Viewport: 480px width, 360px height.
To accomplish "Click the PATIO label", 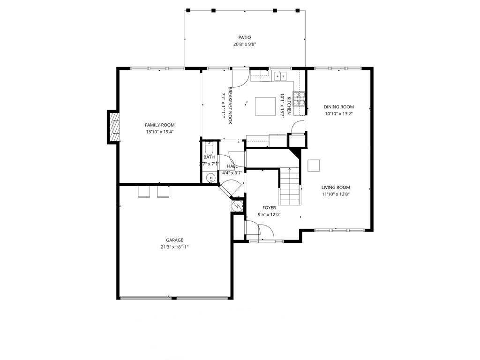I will click(x=244, y=37).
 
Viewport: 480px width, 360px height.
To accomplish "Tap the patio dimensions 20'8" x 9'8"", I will click(x=244, y=45).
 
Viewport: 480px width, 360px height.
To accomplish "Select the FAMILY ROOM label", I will click(x=159, y=125).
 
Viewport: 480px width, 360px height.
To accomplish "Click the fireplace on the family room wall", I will click(x=114, y=127).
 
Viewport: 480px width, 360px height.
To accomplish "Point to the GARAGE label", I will click(x=174, y=240).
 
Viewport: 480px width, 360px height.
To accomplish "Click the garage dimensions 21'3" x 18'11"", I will click(x=174, y=247).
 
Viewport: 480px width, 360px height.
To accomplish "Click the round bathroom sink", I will click(x=211, y=178).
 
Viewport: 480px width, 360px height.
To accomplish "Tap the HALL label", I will click(x=232, y=166).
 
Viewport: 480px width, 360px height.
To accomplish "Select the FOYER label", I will click(x=269, y=208).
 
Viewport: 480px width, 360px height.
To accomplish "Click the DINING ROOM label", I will click(x=338, y=107).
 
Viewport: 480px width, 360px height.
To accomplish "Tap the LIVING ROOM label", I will click(x=336, y=187).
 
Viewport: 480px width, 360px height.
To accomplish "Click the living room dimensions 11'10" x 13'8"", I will click(x=336, y=194).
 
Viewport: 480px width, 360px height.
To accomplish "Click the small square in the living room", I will click(x=314, y=165).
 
